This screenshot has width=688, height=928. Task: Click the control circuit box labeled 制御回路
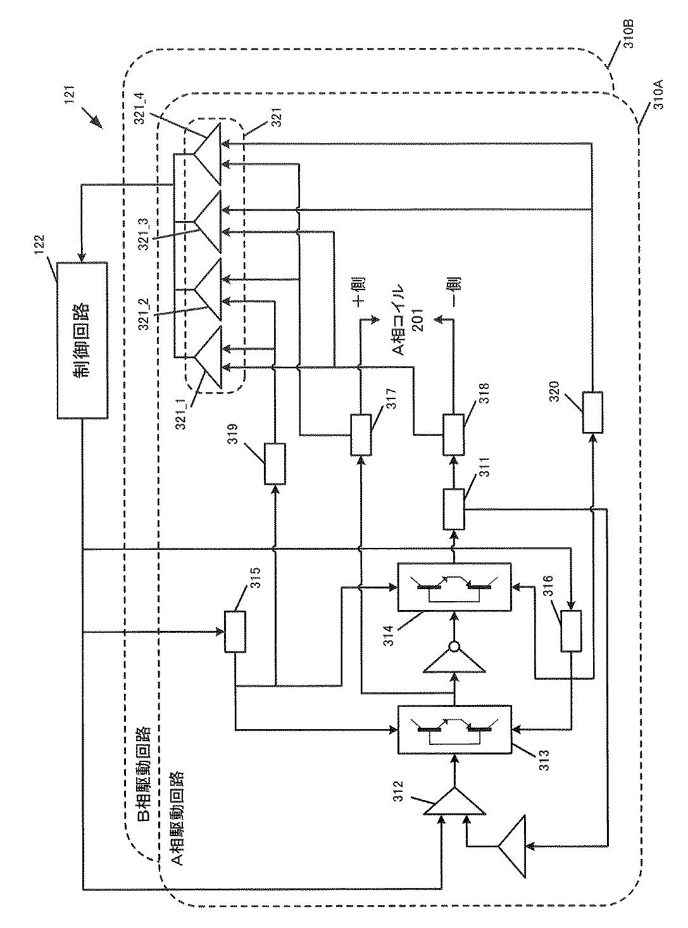[x=82, y=340]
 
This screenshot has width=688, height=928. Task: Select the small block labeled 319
[x=275, y=464]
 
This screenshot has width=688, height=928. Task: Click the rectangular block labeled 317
[x=361, y=435]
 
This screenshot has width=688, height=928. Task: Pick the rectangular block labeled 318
[x=453, y=435]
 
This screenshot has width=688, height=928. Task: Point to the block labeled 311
[x=453, y=509]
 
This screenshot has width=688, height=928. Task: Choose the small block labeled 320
[x=592, y=412]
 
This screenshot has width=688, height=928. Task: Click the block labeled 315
[x=235, y=632]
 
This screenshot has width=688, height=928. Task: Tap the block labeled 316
[x=571, y=631]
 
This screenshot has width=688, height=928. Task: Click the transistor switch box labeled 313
[x=454, y=730]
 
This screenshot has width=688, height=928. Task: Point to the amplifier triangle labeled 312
[x=454, y=801]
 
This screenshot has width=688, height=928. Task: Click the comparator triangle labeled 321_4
[x=206, y=153]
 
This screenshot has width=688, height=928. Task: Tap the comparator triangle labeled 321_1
[x=206, y=357]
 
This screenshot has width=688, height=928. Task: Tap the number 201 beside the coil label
[x=418, y=320]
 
